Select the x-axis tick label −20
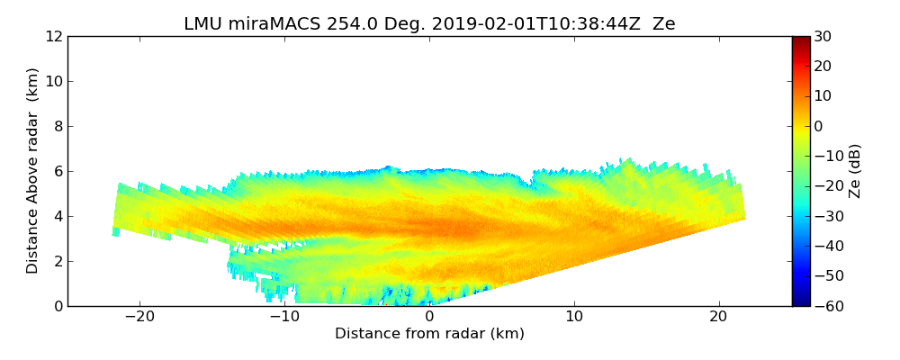click(139, 317)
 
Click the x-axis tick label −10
click(284, 317)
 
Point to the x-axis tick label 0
click(429, 317)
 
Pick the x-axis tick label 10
click(574, 317)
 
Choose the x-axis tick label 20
click(718, 317)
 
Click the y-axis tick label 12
click(53, 37)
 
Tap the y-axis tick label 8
click(57, 127)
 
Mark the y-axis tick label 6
click(57, 172)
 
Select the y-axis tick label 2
click(57, 262)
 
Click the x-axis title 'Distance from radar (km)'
click(429, 334)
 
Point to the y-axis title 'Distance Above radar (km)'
click(32, 171)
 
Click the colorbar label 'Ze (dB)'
click(855, 171)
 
